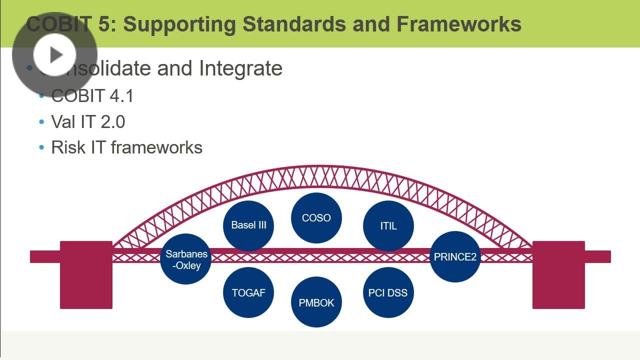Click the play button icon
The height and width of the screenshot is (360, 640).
pos(54,54)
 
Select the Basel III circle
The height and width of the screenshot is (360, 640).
pos(248,225)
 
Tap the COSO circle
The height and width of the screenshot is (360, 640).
pos(316,218)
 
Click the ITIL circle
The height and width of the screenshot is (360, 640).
pos(388,226)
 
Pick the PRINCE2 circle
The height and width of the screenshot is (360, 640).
pos(455,257)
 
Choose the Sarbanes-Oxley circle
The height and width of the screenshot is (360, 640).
pos(186,259)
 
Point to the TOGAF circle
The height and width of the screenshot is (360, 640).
pos(248,293)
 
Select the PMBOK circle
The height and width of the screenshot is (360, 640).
pos(316,302)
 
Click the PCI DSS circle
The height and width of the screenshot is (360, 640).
pos(388,293)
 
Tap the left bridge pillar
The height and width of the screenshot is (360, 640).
pos(86,275)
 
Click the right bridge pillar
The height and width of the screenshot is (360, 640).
pos(558,275)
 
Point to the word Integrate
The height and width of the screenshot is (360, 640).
pos(240,68)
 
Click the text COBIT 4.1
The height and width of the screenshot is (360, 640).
pos(92,96)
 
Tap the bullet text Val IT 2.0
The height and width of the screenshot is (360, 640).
pos(88,122)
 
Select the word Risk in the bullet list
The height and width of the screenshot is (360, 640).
pos(68,147)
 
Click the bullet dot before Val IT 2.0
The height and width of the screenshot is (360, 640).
pos(42,122)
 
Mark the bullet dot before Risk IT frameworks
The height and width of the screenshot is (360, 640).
pos(42,148)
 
